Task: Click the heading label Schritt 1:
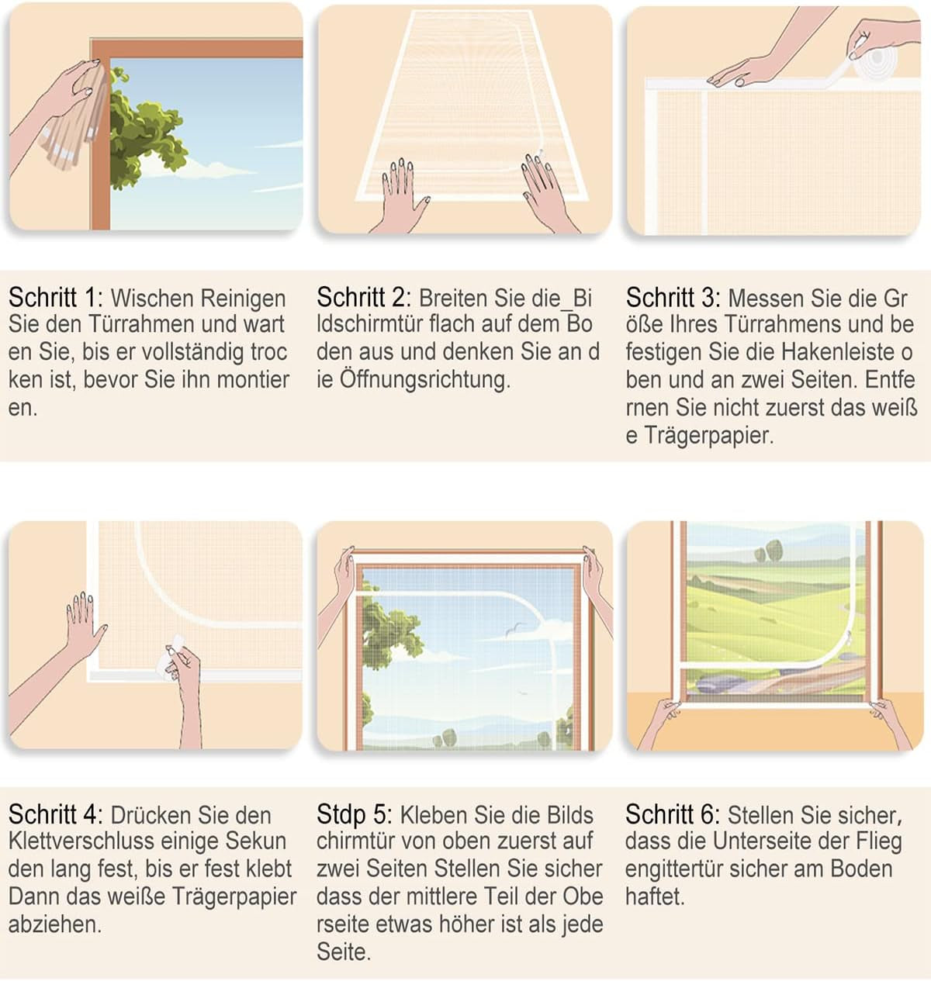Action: pos(55,298)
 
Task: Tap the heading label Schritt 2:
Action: pos(364,298)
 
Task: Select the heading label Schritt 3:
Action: pos(673,298)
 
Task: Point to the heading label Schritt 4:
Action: pos(55,815)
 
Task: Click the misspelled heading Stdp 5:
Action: pos(354,816)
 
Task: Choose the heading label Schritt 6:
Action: pos(673,815)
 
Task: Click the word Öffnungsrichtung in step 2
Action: pos(425,380)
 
